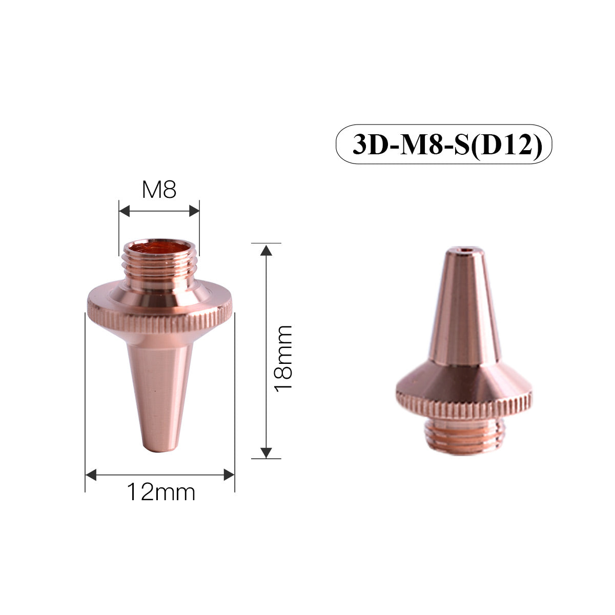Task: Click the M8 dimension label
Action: point(159,190)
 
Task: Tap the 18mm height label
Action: point(283,358)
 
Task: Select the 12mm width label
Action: point(161,493)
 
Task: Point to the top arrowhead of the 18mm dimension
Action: point(265,251)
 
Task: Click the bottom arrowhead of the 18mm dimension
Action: point(265,452)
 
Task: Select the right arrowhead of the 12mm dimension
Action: point(229,475)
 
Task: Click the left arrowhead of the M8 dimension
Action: point(125,211)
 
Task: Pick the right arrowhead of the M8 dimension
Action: point(194,211)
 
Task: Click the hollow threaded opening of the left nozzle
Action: point(159,249)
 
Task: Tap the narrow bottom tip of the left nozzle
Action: point(160,448)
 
